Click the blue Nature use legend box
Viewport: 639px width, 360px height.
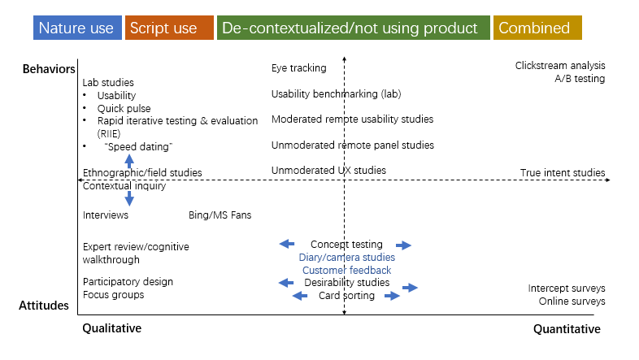pos(78,28)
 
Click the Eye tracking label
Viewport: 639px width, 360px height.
pos(298,68)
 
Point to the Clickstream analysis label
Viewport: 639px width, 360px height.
pos(560,66)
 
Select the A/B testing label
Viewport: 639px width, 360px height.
pos(580,79)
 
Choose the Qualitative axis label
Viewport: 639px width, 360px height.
pos(111,329)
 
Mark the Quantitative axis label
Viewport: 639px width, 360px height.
pos(567,329)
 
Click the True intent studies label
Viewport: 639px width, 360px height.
pos(563,172)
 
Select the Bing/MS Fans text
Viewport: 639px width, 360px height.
pos(220,215)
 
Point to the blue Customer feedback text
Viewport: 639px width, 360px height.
pos(346,271)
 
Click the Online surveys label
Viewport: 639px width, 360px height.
pos(572,301)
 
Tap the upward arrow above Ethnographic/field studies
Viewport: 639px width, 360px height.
pos(129,161)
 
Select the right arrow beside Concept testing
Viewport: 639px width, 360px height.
pos(403,245)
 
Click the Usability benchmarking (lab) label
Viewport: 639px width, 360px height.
pos(337,94)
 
